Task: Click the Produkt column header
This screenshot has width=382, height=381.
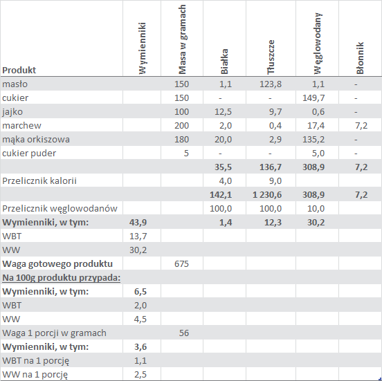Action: (19, 70)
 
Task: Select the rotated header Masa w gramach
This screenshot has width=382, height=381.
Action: (182, 39)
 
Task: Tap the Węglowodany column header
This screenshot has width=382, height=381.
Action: (318, 44)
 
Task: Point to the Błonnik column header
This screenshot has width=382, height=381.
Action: (360, 58)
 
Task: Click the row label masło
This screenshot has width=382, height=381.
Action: (15, 84)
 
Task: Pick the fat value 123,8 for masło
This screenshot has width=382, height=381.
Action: (271, 84)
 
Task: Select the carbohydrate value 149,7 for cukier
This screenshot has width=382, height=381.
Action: (313, 98)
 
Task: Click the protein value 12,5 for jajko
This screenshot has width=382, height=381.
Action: (223, 112)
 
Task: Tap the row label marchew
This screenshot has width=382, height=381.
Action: (21, 126)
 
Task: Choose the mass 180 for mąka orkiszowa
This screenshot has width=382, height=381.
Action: (181, 140)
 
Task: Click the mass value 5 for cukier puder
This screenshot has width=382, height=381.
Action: (186, 154)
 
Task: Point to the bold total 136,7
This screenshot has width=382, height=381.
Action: (271, 167)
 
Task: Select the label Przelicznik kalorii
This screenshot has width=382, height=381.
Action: (39, 181)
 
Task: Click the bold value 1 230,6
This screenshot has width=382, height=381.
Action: (267, 195)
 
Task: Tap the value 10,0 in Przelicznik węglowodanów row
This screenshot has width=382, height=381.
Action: (316, 209)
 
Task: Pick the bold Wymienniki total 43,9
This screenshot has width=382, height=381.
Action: (138, 223)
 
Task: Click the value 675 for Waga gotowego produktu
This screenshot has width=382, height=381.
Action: (181, 264)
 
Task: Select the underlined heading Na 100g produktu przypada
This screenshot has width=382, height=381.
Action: (61, 278)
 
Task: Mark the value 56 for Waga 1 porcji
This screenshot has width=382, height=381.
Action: (184, 333)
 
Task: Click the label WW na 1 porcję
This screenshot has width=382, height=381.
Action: (35, 375)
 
